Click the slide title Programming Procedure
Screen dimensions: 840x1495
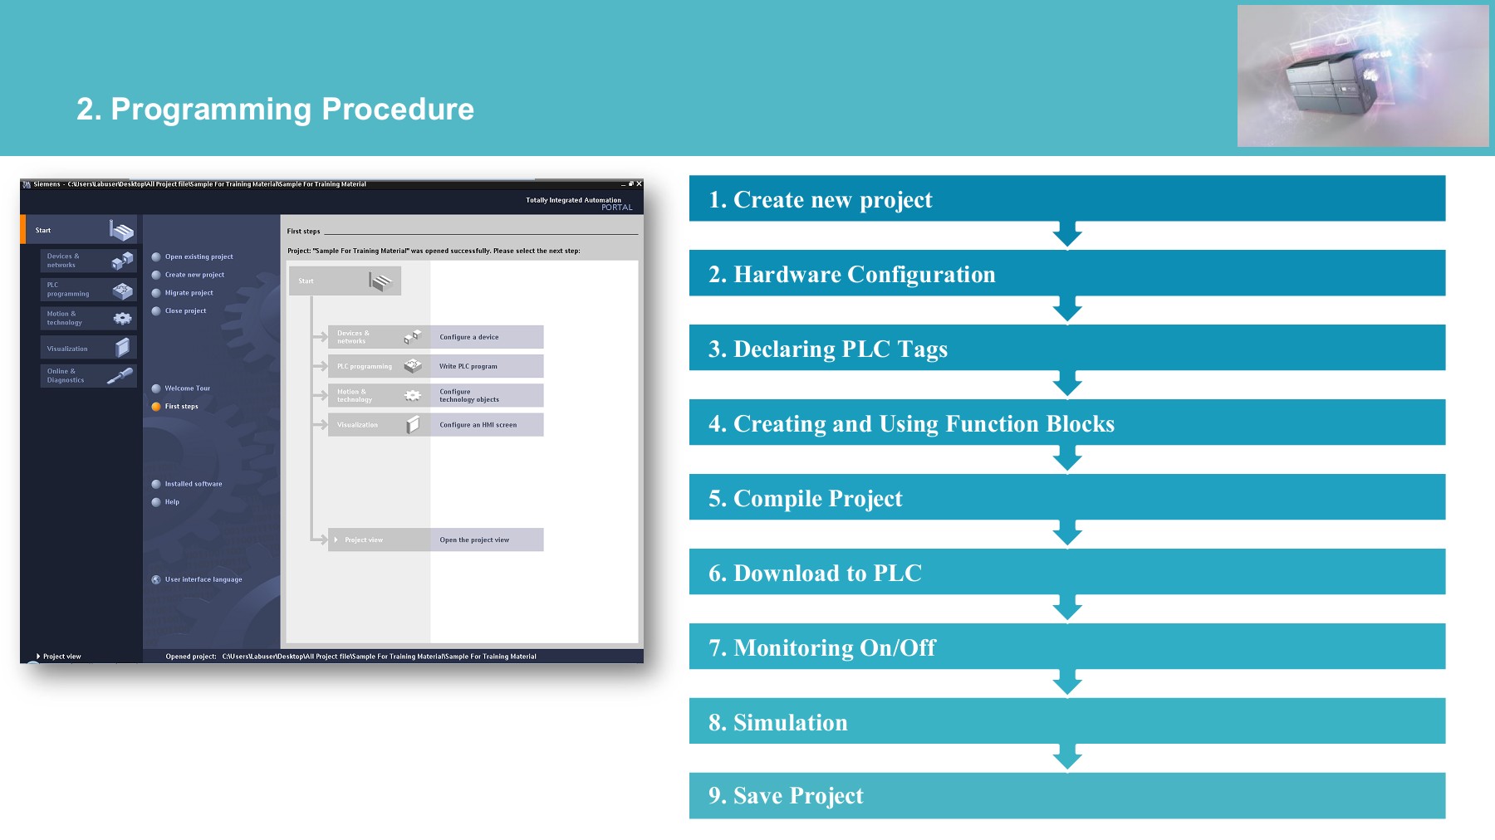tap(275, 110)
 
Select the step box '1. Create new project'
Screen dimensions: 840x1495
tap(1066, 198)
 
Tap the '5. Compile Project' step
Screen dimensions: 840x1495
tap(1066, 497)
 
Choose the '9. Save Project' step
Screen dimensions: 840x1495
tap(1066, 795)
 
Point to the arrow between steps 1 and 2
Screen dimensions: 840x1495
tap(1067, 235)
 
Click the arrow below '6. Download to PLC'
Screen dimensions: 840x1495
tap(1067, 608)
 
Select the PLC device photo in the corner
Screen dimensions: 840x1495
tap(1362, 76)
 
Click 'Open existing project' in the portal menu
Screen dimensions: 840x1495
tap(199, 256)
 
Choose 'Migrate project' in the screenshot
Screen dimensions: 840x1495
tap(189, 293)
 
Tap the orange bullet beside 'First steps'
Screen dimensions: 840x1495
tap(156, 407)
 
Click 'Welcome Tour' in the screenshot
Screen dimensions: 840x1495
tap(187, 388)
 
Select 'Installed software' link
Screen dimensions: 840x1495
tap(193, 484)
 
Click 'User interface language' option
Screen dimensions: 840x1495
tap(203, 579)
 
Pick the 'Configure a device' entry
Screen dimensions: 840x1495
tap(469, 337)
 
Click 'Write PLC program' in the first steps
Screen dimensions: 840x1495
tap(468, 366)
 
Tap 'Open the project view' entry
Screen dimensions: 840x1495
tap(474, 540)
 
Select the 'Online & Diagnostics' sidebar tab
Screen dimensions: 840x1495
tap(87, 376)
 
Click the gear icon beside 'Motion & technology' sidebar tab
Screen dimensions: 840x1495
tap(122, 318)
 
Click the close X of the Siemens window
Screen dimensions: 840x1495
tap(639, 184)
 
